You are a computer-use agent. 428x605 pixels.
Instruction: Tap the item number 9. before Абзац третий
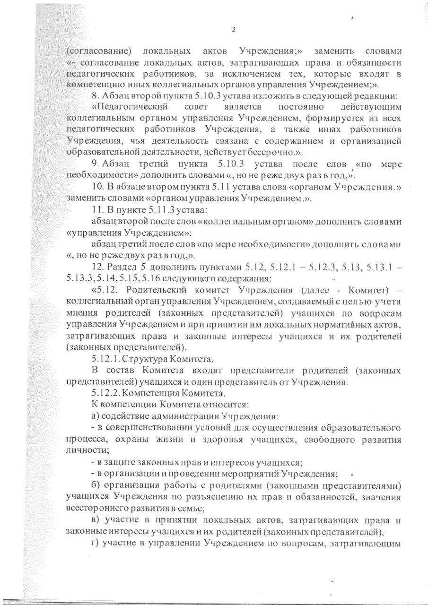(x=94, y=164)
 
